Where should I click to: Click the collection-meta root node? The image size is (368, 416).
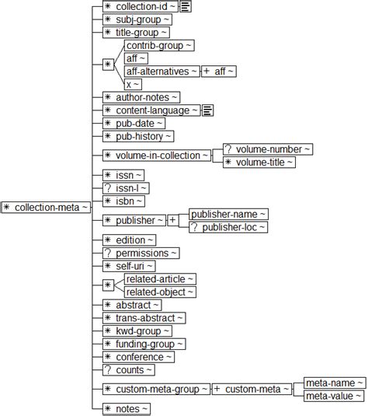pos(47,207)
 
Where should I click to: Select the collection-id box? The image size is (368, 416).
pos(141,6)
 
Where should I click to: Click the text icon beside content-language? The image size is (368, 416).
pos(208,110)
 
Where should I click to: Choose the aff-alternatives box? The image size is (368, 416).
pos(161,71)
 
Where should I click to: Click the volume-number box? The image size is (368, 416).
pos(267,149)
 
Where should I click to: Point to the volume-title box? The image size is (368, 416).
pos(259,162)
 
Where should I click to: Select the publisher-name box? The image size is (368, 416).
pos(229,214)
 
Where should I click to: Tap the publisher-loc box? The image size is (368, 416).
pos(228,227)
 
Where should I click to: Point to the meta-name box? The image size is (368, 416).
pos(334,383)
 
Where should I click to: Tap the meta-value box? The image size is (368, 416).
pos(334,396)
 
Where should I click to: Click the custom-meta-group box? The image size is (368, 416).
pos(156,389)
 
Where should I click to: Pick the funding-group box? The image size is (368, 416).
pos(144,344)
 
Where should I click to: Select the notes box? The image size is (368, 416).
pos(127,408)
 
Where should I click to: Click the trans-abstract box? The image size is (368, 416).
pos(144,318)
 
